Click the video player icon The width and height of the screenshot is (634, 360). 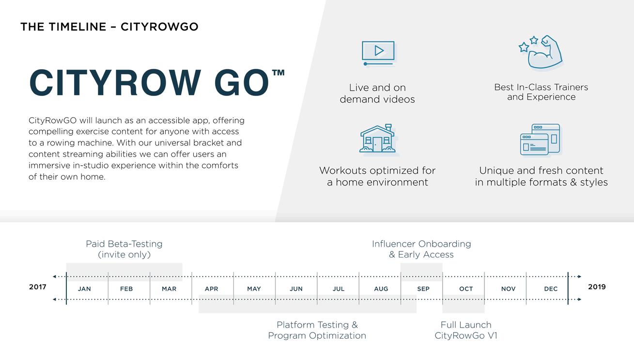click(378, 53)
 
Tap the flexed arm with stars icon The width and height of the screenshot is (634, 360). click(541, 52)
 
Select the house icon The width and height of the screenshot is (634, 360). click(378, 139)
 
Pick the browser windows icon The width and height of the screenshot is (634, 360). click(540, 140)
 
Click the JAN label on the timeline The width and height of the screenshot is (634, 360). click(84, 289)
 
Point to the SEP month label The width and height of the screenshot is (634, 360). click(423, 289)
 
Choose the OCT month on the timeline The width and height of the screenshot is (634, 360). click(466, 289)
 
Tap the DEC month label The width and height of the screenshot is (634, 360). click(551, 289)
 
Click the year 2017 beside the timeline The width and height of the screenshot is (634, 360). click(38, 287)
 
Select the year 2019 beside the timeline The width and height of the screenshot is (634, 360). click(597, 287)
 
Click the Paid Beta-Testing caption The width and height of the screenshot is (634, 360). click(124, 249)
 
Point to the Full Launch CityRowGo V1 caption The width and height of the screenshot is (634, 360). click(466, 330)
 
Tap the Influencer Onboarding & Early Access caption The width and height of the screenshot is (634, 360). click(421, 249)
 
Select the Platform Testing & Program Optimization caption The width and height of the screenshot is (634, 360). click(317, 330)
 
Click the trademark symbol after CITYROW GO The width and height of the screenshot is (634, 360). click(278, 73)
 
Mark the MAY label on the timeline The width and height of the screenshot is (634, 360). click(254, 289)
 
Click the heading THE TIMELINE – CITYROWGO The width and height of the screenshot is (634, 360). click(109, 27)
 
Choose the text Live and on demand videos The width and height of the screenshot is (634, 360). click(377, 94)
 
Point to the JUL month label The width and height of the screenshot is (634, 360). click(339, 289)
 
